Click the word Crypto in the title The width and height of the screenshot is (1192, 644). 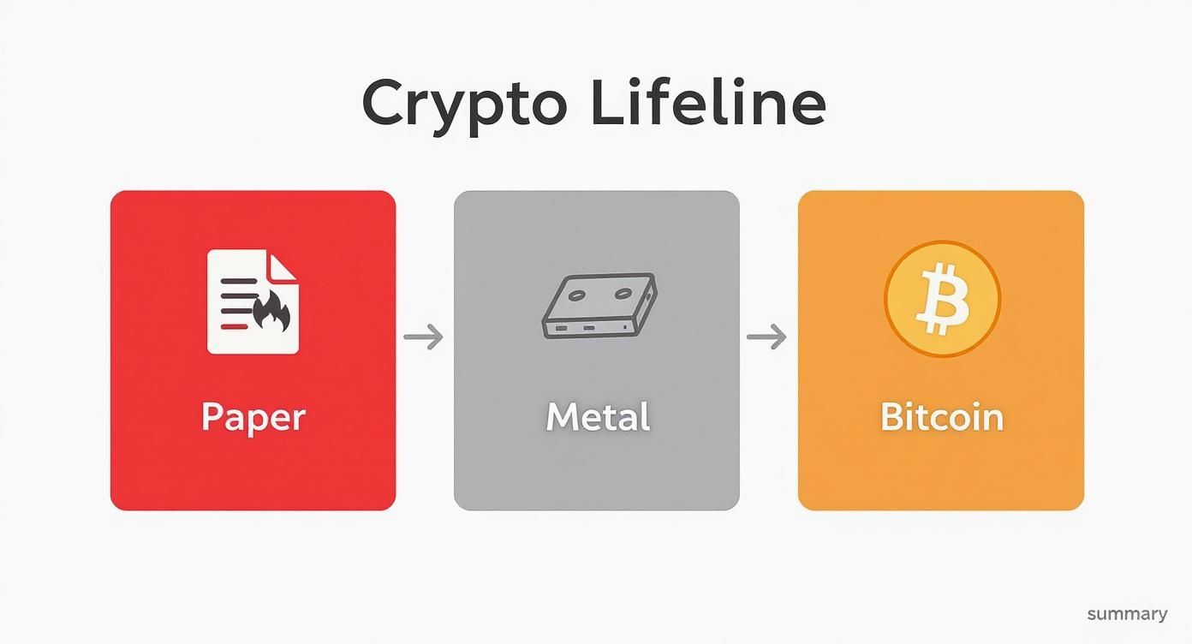point(463,104)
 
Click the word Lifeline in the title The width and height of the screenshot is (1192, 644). point(708,103)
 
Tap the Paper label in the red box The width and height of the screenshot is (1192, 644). point(253,417)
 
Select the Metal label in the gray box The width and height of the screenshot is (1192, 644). point(598,417)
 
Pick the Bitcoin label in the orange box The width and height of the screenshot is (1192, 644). point(941,417)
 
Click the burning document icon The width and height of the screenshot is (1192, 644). point(253,301)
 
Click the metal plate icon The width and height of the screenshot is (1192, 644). point(599,306)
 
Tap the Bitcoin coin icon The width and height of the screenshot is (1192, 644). point(942,299)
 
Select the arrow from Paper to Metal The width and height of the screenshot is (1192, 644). point(424,337)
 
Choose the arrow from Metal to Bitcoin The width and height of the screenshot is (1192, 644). point(767,337)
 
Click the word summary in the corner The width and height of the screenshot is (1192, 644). point(1127,614)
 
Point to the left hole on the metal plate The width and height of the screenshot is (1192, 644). point(577,295)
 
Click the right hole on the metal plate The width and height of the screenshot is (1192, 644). point(619,295)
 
